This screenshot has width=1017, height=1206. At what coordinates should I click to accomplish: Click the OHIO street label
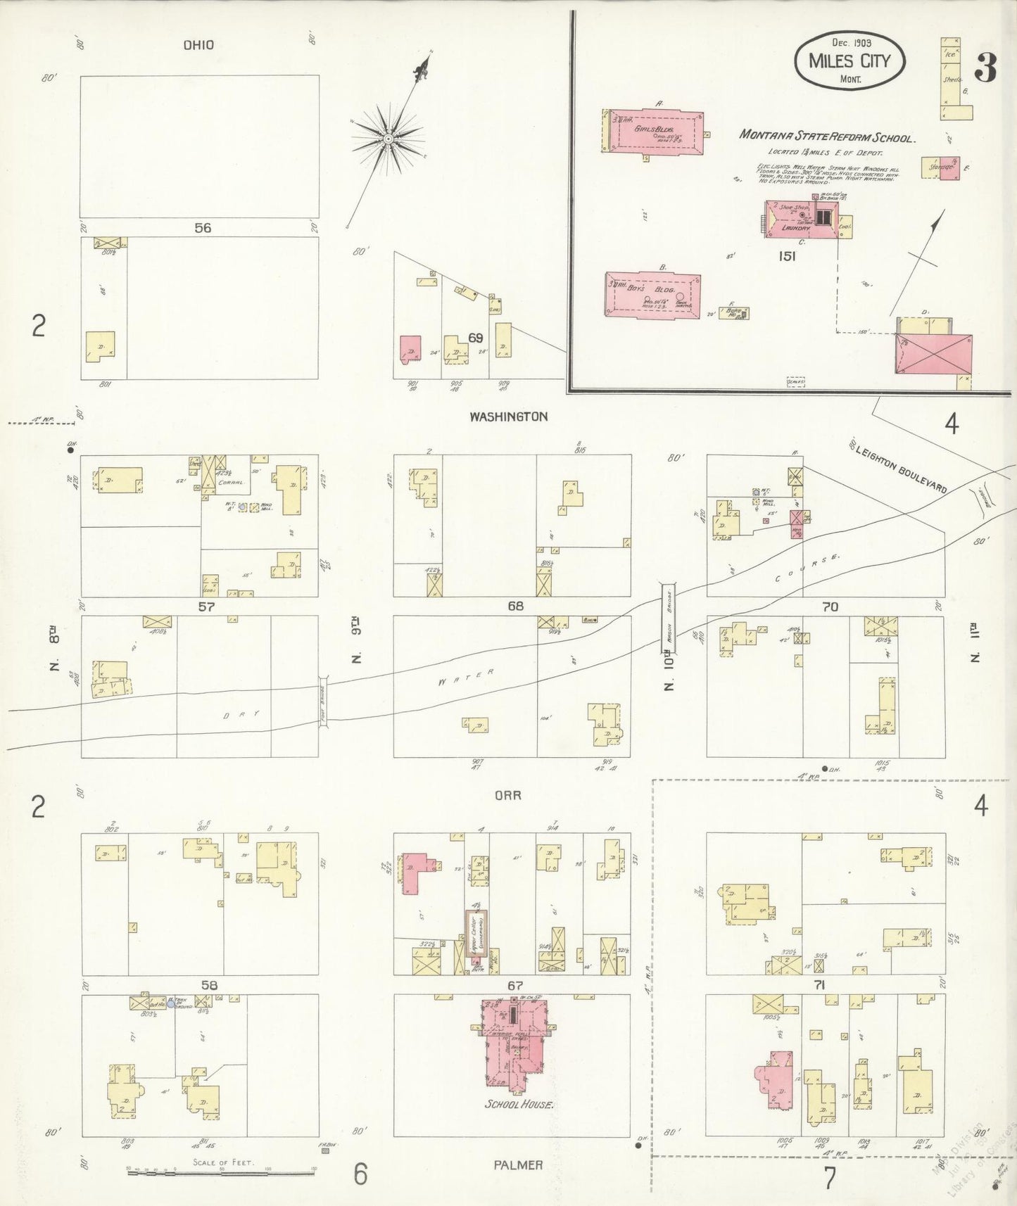tap(198, 45)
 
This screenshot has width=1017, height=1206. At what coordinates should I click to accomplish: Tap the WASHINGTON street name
tap(508, 417)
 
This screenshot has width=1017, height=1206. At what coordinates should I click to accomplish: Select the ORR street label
tap(507, 795)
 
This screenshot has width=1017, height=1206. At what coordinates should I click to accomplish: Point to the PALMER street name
tap(517, 1165)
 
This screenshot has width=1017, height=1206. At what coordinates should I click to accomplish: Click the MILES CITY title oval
tap(849, 61)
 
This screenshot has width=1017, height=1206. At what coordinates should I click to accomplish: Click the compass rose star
tap(388, 139)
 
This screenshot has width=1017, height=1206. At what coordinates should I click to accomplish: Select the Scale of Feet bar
tap(221, 1172)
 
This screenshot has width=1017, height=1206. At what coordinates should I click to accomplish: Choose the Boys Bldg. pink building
tap(653, 295)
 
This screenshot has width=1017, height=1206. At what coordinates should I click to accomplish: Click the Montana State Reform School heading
tap(827, 136)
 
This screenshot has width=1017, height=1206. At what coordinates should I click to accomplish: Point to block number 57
tap(206, 606)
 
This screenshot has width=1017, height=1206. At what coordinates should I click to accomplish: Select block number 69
tap(476, 338)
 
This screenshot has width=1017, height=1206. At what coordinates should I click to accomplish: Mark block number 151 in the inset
tap(787, 256)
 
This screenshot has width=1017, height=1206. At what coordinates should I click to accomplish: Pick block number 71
tap(819, 985)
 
